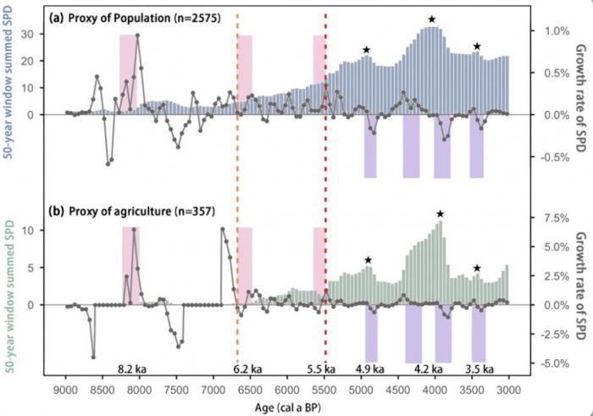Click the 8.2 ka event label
(x=132, y=369)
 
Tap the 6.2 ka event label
(x=247, y=369)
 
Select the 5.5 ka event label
(x=321, y=369)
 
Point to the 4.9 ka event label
(x=370, y=369)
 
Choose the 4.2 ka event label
(x=428, y=369)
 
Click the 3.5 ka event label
(x=479, y=369)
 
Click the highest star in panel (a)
(x=432, y=19)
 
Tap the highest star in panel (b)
(x=440, y=214)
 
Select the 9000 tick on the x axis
(x=66, y=390)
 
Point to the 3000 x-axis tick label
(x=508, y=390)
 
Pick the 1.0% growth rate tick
(x=557, y=31)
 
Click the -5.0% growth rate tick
(x=555, y=363)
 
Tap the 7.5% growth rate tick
(x=557, y=218)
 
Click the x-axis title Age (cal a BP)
(x=287, y=408)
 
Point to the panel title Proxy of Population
(x=119, y=18)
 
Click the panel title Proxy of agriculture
(x=120, y=211)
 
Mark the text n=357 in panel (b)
(x=195, y=211)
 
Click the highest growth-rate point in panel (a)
(x=137, y=36)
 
